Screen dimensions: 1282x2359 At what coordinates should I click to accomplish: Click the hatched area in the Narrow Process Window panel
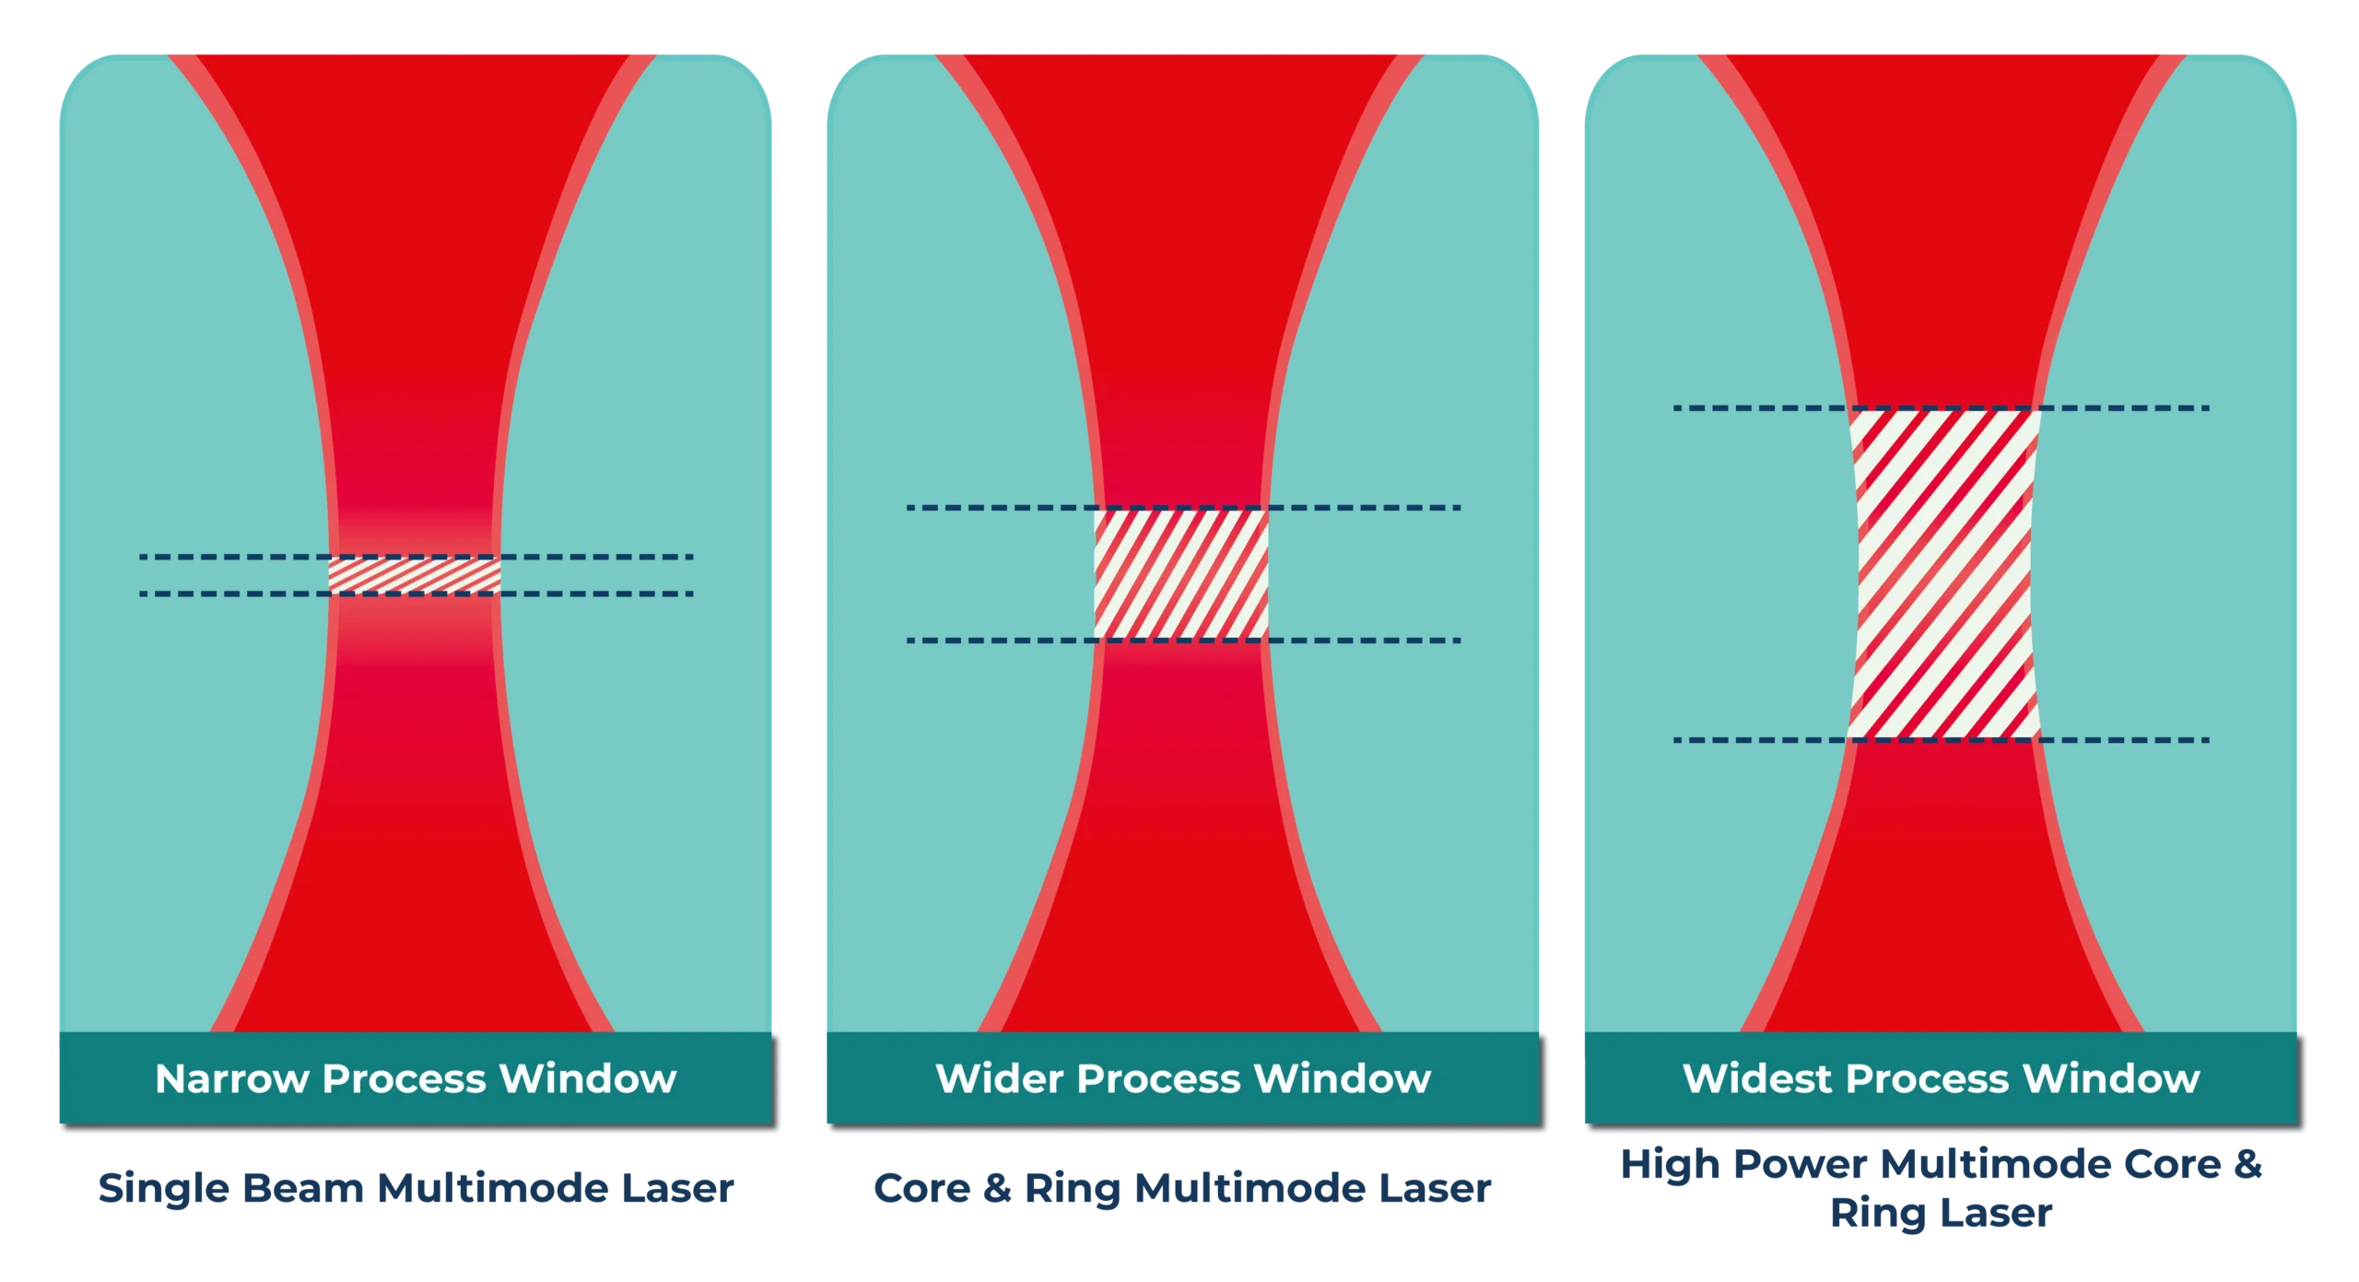(415, 575)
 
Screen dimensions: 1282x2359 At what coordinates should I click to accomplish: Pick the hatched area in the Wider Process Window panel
(1180, 573)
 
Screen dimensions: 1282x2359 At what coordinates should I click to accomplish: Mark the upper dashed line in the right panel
(1751, 407)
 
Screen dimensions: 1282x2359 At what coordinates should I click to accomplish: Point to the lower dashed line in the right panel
(1751, 740)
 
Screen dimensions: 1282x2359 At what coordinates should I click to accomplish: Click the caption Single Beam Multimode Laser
(415, 1189)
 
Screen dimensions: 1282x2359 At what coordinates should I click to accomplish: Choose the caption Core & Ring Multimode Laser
(1180, 1189)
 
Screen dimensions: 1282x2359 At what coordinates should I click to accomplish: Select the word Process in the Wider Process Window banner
(1156, 1078)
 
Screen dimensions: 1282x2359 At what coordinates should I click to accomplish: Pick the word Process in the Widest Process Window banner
(1927, 1078)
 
